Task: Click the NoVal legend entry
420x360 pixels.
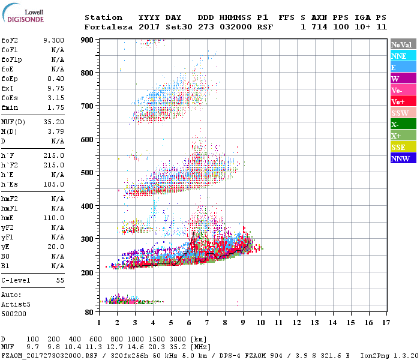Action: pyautogui.click(x=400, y=44)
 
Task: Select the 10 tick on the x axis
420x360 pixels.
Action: pyautogui.click(x=261, y=323)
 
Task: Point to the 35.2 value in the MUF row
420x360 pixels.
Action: pyautogui.click(x=182, y=347)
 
